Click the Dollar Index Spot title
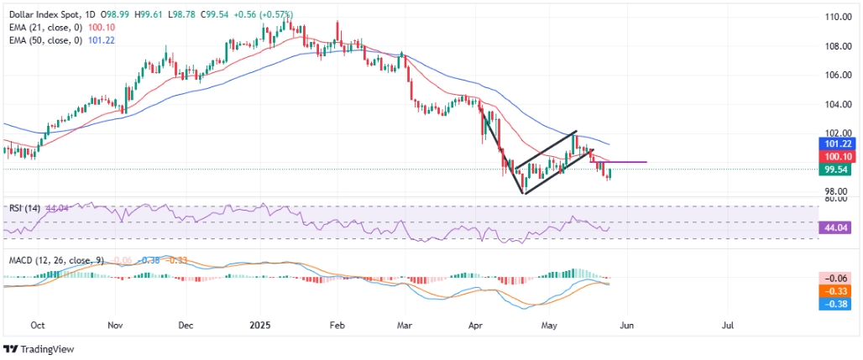pyautogui.click(x=39, y=7)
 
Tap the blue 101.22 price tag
pyautogui.click(x=836, y=144)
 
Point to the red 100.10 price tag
pyautogui.click(x=836, y=157)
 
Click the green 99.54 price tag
pyautogui.click(x=836, y=170)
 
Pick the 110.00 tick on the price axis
pyautogui.click(x=836, y=17)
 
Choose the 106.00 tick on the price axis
pyautogui.click(x=836, y=76)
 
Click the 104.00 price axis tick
pyautogui.click(x=836, y=105)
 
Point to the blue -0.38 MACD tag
pyautogui.click(x=836, y=304)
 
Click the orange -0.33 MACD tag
pyautogui.click(x=836, y=290)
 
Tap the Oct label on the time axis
pyautogui.click(x=36, y=323)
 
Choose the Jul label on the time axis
pyautogui.click(x=728, y=323)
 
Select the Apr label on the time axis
pyautogui.click(x=478, y=323)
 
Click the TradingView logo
pyautogui.click(x=39, y=349)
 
